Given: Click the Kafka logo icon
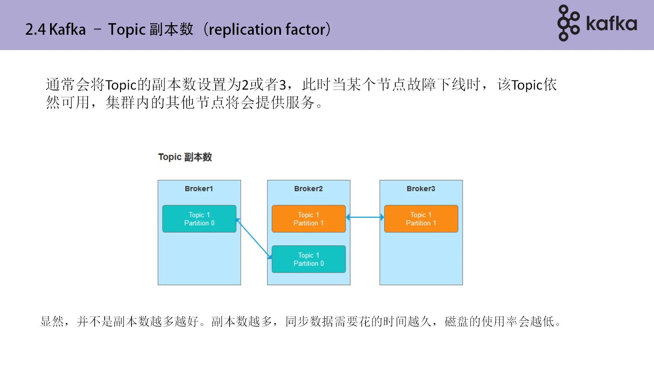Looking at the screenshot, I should coord(568,23).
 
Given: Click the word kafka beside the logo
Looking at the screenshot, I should coord(611,24).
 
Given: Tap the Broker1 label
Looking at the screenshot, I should coord(199,189).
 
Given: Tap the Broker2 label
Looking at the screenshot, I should coord(308,189).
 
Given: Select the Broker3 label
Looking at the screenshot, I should coord(421,189).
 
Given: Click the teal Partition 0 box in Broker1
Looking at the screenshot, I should coord(199,219).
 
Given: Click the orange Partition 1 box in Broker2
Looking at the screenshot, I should coord(309,219).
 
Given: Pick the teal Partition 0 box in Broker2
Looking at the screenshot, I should coord(309,259).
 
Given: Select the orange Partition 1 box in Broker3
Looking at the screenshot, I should coord(421,219).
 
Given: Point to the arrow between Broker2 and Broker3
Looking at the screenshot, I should coord(365,217).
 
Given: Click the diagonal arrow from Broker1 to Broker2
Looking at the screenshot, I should coord(254,239).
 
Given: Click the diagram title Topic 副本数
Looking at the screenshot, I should coord(185,157).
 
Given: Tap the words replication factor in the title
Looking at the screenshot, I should coord(267,30).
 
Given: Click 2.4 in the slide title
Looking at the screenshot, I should coord(35,30).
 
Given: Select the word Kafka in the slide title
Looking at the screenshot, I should coord(67,30).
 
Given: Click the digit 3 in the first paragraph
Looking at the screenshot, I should coord(282,85).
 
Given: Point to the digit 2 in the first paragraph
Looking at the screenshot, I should coord(245,85).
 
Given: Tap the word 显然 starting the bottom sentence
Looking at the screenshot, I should coord(52,321).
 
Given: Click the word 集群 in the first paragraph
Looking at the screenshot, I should coord(120,103).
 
